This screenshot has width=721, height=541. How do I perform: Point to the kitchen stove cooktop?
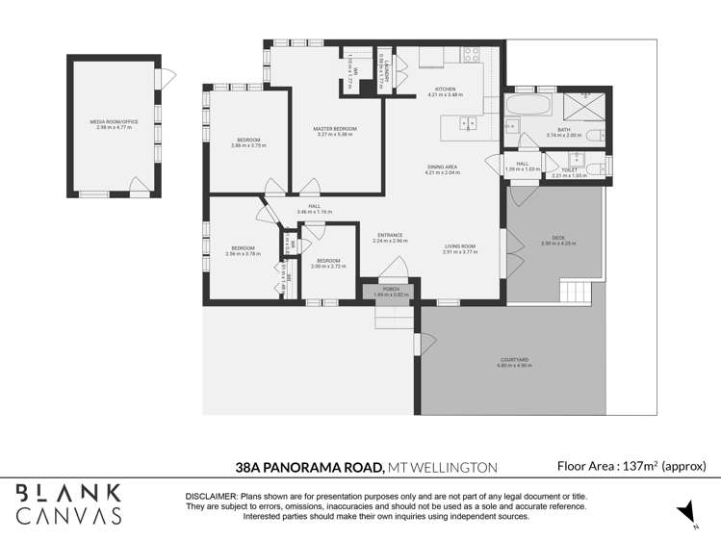(471, 55)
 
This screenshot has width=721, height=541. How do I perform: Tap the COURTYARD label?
(512, 360)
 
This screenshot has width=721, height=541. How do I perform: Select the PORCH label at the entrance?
(391, 288)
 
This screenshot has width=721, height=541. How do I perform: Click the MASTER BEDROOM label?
(335, 128)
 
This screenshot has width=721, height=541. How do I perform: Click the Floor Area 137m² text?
(631, 466)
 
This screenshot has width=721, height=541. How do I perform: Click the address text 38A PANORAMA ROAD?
(310, 467)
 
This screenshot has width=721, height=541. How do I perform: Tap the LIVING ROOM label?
(459, 246)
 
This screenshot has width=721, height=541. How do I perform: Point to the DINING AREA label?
(443, 167)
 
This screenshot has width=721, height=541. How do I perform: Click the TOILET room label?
(569, 170)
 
